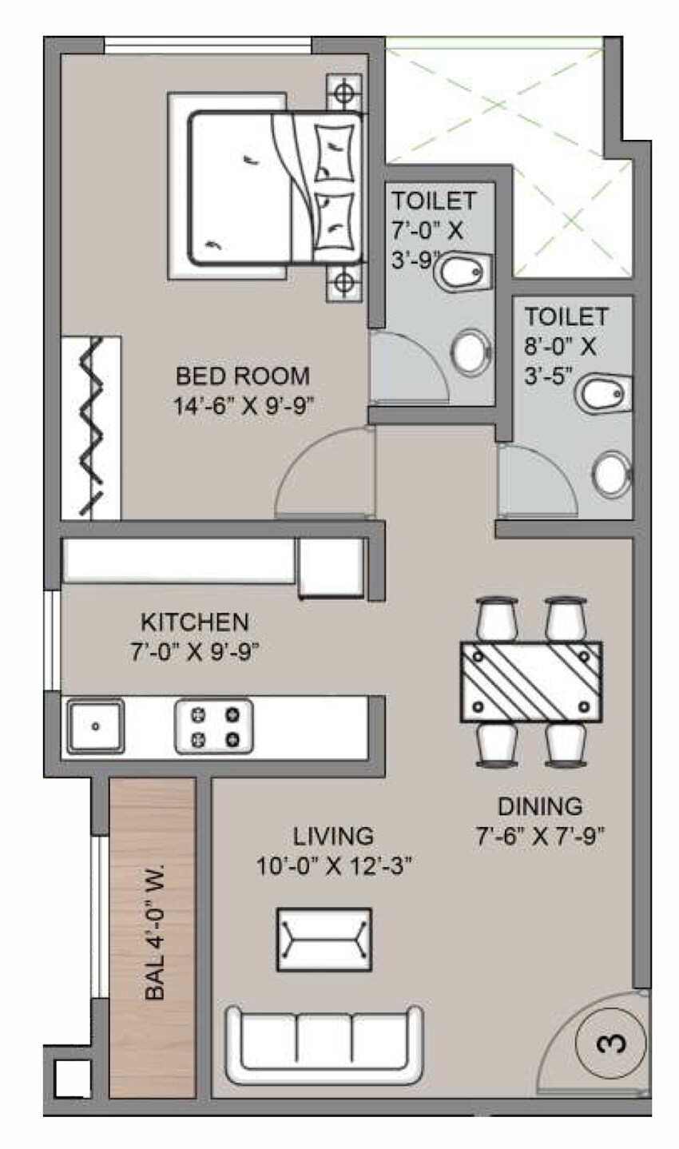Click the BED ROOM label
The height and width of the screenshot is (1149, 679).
click(x=242, y=376)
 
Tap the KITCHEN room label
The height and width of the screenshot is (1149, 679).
click(x=195, y=622)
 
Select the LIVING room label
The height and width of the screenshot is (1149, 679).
click(x=333, y=836)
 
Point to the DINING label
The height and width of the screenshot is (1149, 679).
click(x=539, y=805)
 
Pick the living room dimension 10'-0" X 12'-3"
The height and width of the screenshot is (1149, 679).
click(x=333, y=865)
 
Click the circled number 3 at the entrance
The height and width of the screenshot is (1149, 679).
click(x=611, y=1043)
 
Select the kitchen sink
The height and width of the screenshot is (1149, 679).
click(x=96, y=726)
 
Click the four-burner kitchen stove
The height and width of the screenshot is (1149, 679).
click(x=214, y=726)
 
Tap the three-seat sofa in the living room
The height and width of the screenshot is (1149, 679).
click(x=325, y=1043)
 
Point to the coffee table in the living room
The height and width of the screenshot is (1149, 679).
click(x=324, y=940)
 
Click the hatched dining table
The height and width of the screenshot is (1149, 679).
click(x=531, y=682)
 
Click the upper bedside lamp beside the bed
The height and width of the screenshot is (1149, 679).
click(x=344, y=93)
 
